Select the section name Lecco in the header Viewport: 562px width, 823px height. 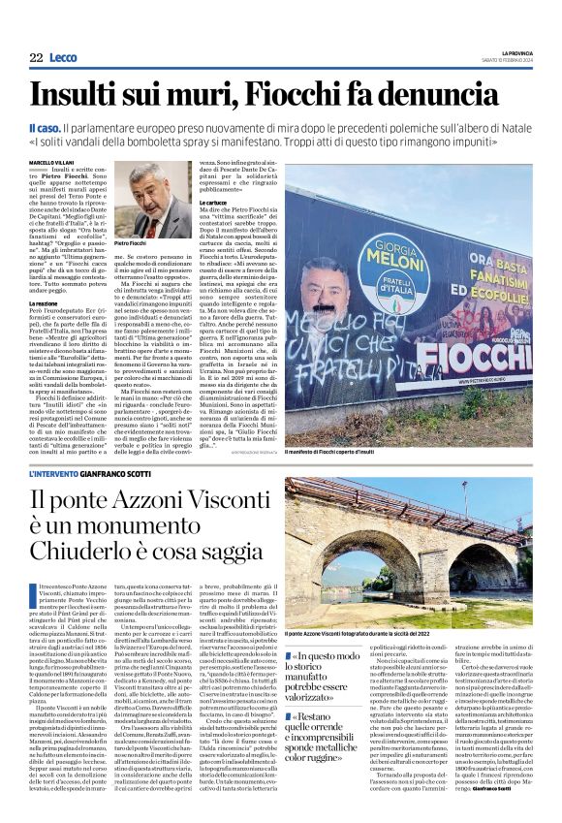pos(64,58)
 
